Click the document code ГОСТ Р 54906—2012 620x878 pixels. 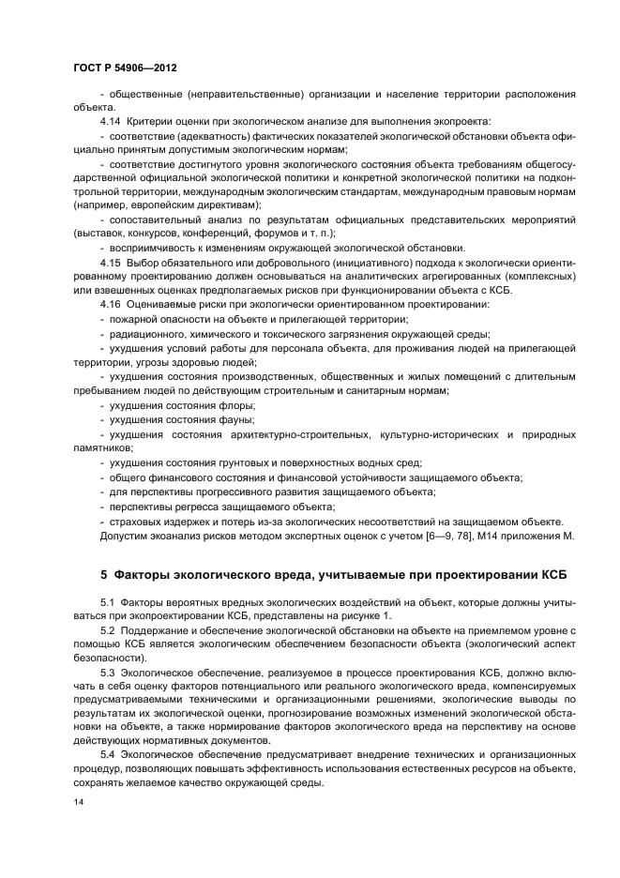[124, 68]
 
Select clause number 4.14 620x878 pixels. [111, 122]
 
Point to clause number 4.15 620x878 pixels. [111, 262]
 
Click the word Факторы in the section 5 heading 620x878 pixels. [145, 573]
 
